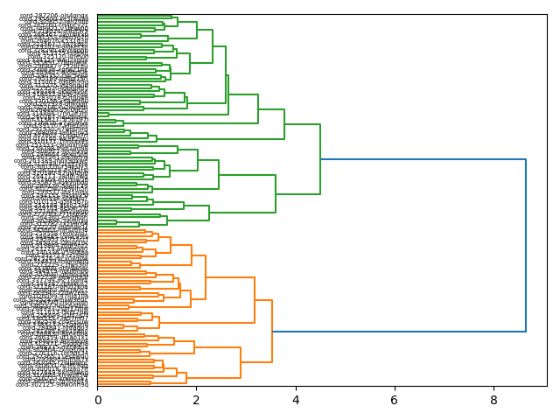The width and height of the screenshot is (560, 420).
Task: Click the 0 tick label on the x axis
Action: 98,400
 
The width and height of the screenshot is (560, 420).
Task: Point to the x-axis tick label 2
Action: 197,400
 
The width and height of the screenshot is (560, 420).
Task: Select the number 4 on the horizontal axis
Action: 296,400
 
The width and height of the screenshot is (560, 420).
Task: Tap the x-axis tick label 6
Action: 395,400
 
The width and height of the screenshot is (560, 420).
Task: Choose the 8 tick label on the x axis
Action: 493,400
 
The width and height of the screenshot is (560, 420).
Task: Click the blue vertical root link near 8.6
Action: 526,245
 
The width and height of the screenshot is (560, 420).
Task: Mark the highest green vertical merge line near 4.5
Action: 320,159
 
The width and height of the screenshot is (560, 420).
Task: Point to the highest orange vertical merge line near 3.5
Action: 272,332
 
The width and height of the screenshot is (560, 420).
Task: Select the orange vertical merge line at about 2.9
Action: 241,363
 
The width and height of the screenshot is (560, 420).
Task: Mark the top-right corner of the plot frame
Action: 547,14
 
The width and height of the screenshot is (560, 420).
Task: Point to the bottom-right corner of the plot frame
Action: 547,387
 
